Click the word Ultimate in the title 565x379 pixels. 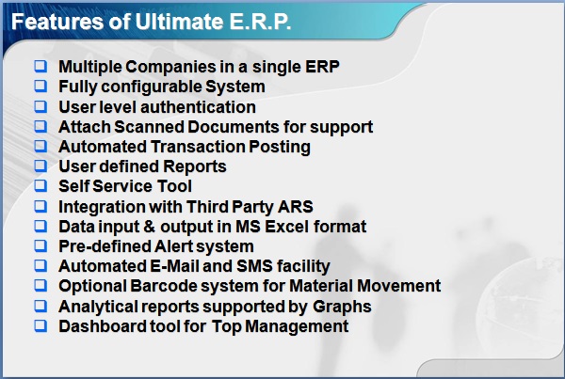point(180,22)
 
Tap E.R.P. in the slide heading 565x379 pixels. point(260,22)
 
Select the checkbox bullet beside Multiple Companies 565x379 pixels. point(40,66)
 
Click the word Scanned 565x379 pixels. point(149,127)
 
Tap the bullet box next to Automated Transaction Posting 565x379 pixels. point(40,146)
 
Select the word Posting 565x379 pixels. point(280,148)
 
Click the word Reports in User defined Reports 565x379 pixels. point(195,167)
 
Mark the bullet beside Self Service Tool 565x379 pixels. point(40,185)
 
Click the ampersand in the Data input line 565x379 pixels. point(149,227)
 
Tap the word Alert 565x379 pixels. point(174,246)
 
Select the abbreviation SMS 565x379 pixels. point(254,266)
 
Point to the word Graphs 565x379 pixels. point(342,307)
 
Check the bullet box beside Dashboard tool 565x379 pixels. point(40,325)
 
